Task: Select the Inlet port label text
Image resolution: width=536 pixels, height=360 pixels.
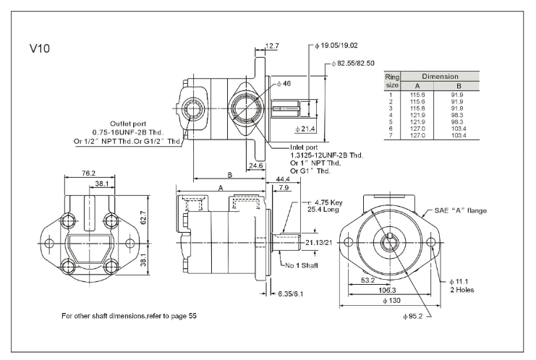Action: coord(303,147)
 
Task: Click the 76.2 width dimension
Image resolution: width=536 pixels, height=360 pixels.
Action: coord(89,173)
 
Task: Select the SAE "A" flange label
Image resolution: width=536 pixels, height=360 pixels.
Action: coord(461,210)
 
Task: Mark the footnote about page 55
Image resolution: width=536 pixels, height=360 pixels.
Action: coord(129,317)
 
